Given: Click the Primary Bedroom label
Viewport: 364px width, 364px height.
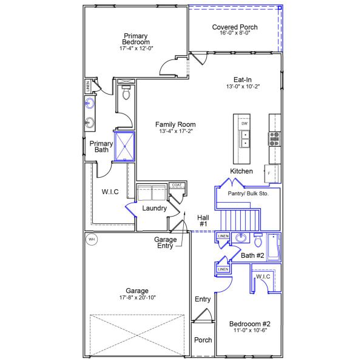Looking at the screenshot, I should click(x=136, y=39).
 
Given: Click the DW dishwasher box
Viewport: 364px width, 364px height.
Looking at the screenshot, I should click(x=244, y=124).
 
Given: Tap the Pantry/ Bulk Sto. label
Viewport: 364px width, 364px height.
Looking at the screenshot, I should click(x=253, y=193).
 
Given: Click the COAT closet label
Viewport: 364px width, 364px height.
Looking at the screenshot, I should click(x=177, y=185).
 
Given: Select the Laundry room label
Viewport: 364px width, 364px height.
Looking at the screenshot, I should click(x=154, y=208).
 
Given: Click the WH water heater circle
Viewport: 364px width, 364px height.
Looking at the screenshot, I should click(x=92, y=238).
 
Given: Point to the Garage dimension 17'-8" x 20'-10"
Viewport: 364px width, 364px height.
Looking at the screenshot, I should click(x=137, y=298).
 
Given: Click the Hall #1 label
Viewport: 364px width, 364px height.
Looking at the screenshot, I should click(x=203, y=220).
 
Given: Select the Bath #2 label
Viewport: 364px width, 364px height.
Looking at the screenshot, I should click(x=252, y=255).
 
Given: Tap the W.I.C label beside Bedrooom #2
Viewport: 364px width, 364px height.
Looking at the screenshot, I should click(x=263, y=277).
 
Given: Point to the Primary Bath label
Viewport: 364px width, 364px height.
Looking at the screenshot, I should click(x=98, y=147).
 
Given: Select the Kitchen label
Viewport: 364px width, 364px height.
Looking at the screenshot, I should click(x=241, y=171).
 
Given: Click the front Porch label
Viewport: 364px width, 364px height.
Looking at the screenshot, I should click(x=203, y=340).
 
